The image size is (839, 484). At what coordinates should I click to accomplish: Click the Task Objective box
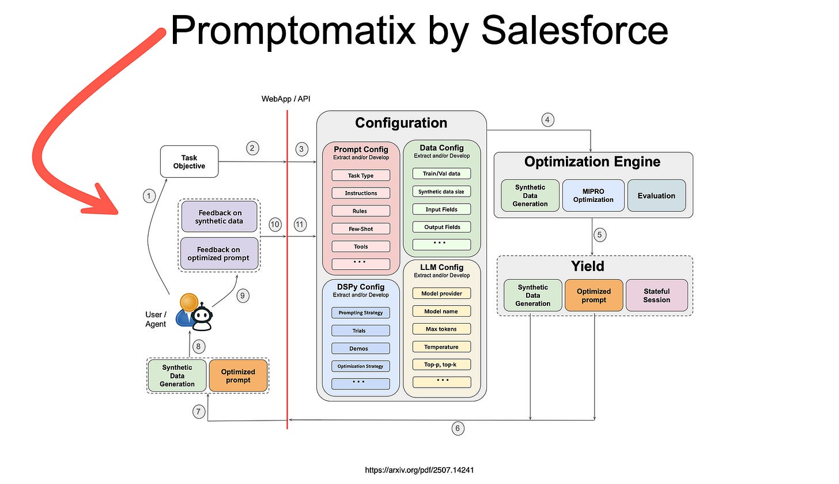189,162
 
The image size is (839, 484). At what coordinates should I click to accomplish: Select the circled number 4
548,120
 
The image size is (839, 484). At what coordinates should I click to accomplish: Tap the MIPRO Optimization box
593,196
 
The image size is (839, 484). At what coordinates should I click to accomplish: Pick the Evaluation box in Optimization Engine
656,196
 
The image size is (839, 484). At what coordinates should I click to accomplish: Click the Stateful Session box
656,295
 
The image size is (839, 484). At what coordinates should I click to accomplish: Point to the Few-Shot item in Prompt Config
361,229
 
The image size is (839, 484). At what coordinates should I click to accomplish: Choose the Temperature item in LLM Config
441,347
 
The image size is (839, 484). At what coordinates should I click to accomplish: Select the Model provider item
441,294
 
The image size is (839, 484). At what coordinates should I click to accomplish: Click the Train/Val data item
441,174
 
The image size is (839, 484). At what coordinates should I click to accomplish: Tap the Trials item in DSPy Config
360,331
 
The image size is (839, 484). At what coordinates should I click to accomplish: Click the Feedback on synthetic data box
219,217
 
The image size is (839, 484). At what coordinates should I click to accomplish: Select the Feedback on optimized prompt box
219,254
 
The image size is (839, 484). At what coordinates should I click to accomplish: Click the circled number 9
243,296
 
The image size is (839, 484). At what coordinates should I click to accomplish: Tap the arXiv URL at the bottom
419,470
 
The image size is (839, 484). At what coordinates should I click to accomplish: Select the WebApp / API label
286,99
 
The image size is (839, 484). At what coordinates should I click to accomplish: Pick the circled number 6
458,428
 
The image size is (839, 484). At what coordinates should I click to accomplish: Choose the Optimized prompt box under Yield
594,295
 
